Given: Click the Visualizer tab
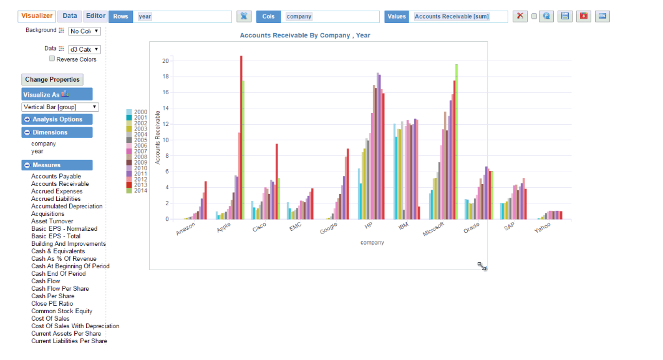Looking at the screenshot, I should pyautogui.click(x=37, y=16).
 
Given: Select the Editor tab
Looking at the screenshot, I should pyautogui.click(x=95, y=16).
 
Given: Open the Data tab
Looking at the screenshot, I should pyautogui.click(x=70, y=16).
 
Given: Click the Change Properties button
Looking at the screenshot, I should pyautogui.click(x=52, y=80).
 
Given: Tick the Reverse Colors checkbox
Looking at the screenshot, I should pyautogui.click(x=52, y=59).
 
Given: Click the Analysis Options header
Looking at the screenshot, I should pyautogui.click(x=57, y=119).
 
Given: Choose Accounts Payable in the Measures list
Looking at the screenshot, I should pyautogui.click(x=56, y=177).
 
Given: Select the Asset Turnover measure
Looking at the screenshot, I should pyautogui.click(x=52, y=221).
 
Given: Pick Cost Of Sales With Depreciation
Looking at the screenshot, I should pyautogui.click(x=75, y=326).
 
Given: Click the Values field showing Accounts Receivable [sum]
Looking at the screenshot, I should pyautogui.click(x=460, y=17).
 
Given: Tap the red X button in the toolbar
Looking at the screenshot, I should pyautogui.click(x=520, y=16).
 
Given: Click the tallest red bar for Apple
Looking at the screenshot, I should pyautogui.click(x=241, y=137).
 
